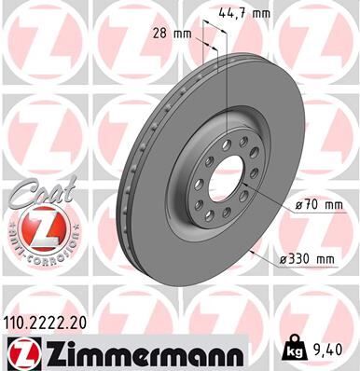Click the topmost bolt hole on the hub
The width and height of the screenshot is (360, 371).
coord(226,132)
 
